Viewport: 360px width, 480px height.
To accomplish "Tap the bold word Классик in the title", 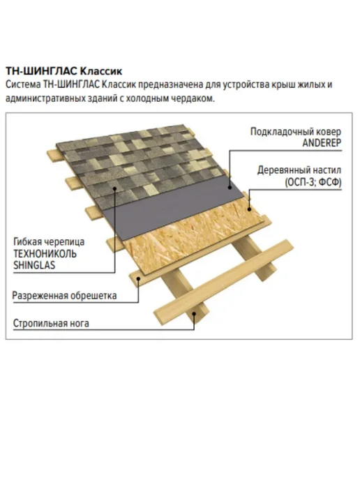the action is click(101, 71).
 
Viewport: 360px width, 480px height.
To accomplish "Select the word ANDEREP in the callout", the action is click(322, 143).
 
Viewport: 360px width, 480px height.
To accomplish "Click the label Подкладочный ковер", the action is click(296, 132).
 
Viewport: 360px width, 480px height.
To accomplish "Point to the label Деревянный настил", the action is click(299, 170).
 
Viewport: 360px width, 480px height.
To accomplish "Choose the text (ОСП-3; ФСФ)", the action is click(313, 182).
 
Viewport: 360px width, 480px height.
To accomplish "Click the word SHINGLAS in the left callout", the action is click(34, 265).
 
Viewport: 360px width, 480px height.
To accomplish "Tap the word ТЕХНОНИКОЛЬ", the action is click(45, 254).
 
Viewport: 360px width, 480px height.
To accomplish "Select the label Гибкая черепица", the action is click(49, 242).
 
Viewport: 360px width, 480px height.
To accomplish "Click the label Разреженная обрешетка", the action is click(64, 296).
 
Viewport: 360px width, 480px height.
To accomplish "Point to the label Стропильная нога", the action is click(51, 323).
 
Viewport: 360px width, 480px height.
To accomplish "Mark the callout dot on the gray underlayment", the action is click(230, 188).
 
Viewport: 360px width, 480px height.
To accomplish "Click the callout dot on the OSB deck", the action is click(250, 209).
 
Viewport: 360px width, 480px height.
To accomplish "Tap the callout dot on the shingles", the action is click(114, 188).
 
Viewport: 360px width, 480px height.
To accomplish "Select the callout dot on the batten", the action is click(138, 278).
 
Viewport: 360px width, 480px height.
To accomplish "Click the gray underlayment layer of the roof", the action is click(172, 208).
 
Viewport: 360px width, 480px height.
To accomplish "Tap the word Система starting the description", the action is click(23, 84).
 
